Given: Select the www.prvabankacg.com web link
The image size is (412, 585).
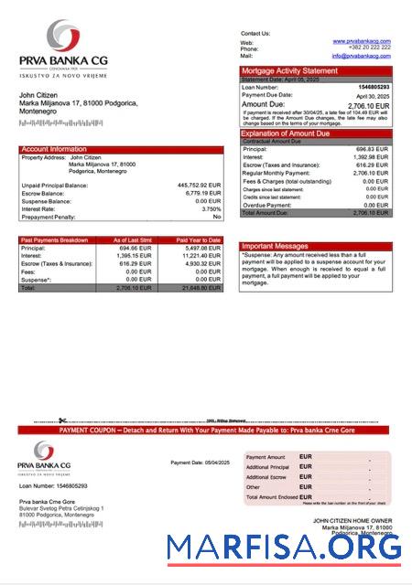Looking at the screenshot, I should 356,42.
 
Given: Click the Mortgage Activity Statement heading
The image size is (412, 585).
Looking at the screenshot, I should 289,71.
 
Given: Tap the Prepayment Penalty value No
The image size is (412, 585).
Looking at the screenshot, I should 217,217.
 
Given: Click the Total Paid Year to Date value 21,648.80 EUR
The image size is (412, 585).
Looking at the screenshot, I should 201,287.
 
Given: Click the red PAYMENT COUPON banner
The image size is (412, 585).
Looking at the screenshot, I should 205,430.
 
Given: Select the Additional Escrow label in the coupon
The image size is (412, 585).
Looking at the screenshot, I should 267,477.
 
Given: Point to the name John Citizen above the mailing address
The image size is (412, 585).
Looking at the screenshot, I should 39,95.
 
